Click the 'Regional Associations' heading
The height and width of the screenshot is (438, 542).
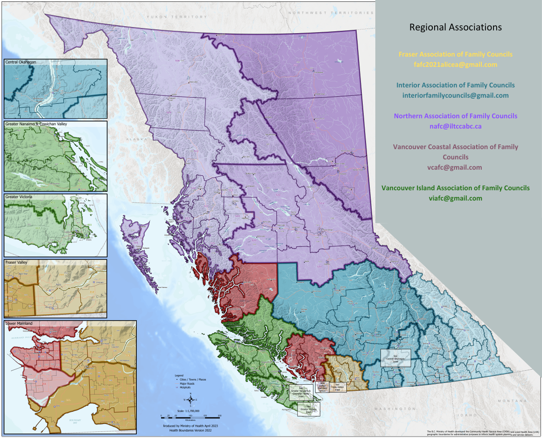pyautogui.click(x=455, y=27)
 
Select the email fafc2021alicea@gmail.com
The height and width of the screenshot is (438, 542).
pyautogui.click(x=455, y=65)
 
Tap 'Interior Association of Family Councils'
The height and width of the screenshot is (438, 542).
pyautogui.click(x=455, y=85)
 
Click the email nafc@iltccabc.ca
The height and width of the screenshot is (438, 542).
pyautogui.click(x=455, y=126)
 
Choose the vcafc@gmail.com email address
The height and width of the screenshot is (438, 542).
pyautogui.click(x=455, y=167)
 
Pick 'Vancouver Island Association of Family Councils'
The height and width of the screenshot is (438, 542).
pyautogui.click(x=455, y=188)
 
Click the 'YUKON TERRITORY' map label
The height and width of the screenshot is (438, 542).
pyautogui.click(x=176, y=17)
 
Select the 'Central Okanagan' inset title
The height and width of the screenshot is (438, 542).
pyautogui.click(x=21, y=62)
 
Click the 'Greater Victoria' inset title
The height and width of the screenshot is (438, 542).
pyautogui.click(x=19, y=197)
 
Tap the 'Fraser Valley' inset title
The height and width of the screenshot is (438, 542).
pyautogui.click(x=16, y=263)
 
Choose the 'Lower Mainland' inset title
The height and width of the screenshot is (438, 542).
pyautogui.click(x=19, y=323)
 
